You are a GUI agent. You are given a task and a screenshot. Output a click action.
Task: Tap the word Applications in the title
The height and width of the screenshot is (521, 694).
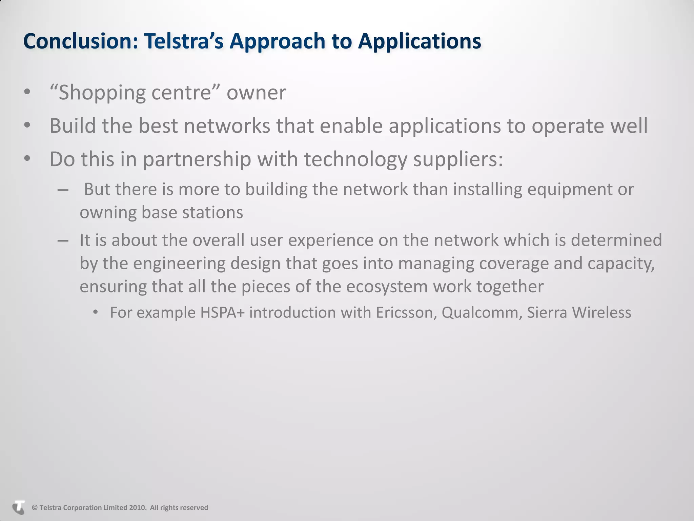pyautogui.click(x=420, y=41)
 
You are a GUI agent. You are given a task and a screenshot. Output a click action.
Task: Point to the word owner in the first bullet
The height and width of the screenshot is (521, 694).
pyautogui.click(x=256, y=93)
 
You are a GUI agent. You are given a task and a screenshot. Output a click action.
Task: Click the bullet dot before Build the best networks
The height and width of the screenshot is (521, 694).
pyautogui.click(x=27, y=126)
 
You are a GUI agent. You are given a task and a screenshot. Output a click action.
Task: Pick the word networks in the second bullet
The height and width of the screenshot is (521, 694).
pyautogui.click(x=227, y=126)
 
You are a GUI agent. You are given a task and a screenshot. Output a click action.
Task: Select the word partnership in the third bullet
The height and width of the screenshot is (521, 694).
pyautogui.click(x=197, y=159)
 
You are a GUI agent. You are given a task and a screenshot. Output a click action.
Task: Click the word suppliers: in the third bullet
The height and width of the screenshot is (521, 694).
pyautogui.click(x=458, y=159)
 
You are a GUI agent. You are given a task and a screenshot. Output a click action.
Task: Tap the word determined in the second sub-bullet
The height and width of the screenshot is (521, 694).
pyautogui.click(x=616, y=240)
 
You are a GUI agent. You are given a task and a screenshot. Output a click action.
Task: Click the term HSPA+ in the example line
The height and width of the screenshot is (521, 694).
pyautogui.click(x=222, y=312)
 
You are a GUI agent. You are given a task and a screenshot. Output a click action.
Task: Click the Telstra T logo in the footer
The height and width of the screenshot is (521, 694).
pyautogui.click(x=19, y=507)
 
